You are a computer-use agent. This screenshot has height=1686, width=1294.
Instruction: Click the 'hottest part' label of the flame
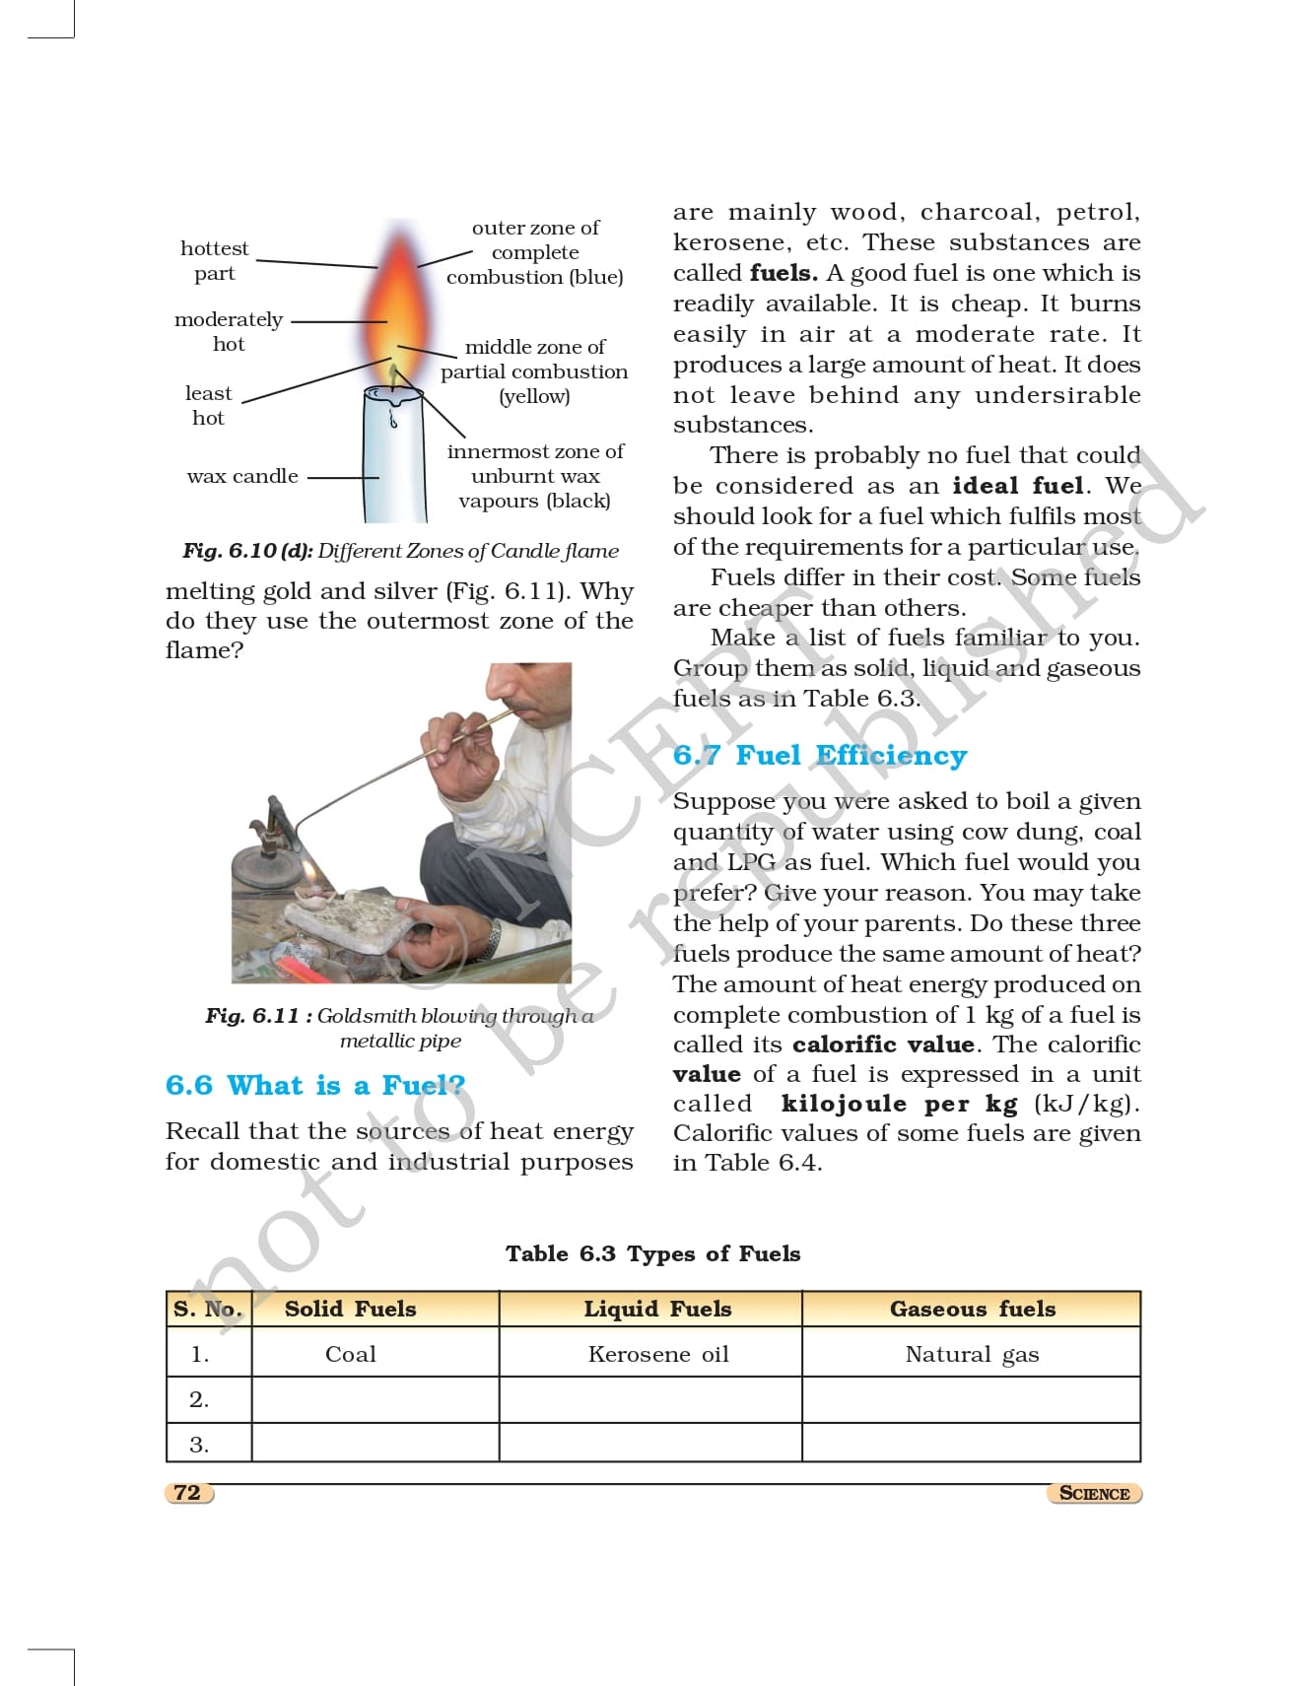[214, 261]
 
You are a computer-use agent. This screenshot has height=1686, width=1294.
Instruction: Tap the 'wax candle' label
[241, 477]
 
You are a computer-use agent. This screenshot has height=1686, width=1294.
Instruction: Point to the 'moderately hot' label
[229, 332]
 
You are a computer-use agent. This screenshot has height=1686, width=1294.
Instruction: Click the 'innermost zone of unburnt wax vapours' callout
[534, 477]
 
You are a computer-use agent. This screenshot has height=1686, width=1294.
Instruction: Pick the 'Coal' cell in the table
[351, 1355]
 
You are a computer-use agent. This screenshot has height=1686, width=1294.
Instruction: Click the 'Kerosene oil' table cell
[658, 1355]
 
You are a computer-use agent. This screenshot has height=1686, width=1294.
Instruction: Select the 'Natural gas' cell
[972, 1355]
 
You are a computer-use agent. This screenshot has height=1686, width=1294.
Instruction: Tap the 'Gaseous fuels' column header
[972, 1310]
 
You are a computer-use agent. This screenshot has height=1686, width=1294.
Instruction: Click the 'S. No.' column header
[208, 1310]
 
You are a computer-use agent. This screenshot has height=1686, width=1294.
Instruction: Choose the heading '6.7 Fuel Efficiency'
[820, 756]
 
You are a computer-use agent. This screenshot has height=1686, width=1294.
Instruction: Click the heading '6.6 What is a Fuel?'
[315, 1086]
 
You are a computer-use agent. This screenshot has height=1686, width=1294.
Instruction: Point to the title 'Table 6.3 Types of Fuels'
[652, 1254]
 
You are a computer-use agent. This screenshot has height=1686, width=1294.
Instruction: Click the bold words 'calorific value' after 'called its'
[883, 1045]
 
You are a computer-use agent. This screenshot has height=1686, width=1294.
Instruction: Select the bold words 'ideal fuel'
[1018, 487]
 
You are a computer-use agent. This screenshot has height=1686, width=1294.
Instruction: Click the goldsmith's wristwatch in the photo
[495, 935]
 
